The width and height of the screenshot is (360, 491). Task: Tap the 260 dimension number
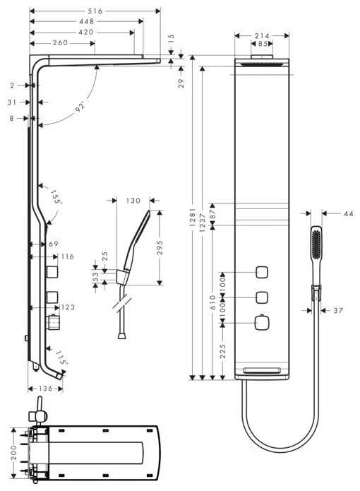61,43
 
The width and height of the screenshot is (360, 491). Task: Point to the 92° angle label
81,106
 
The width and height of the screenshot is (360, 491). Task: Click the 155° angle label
56,196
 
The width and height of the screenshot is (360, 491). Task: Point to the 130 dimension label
133,201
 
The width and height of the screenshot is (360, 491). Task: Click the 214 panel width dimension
262,35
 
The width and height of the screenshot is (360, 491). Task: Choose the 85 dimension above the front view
262,44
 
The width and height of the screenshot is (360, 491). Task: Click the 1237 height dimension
203,221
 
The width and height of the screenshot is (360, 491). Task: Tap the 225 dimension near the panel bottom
223,351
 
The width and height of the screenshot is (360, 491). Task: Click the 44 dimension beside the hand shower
348,213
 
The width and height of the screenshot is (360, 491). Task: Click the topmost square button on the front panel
262,273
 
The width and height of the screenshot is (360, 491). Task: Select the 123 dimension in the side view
68,307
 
